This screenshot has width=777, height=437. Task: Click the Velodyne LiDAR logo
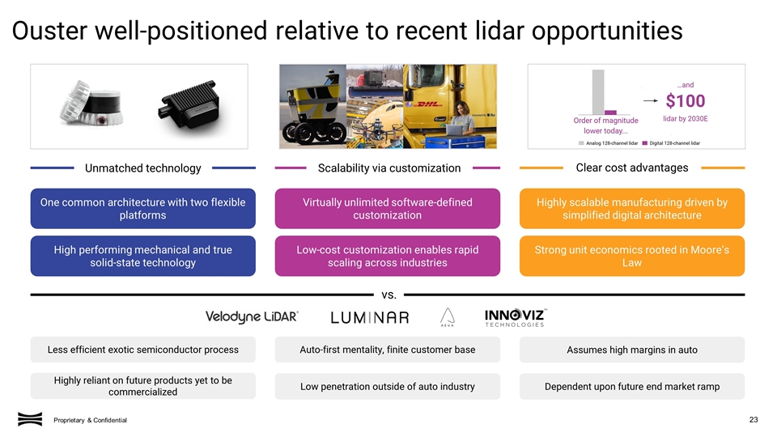coord(252,316)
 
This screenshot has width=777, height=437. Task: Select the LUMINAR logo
coord(369,317)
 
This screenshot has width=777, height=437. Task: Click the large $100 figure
coord(685,101)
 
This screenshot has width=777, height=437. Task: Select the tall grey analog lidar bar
coord(598,91)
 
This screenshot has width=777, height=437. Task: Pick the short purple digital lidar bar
coord(611,112)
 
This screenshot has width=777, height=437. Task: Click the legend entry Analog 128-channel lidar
coord(607,143)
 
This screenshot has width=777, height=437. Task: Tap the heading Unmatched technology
coord(142,168)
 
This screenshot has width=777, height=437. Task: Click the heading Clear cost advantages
coord(631,168)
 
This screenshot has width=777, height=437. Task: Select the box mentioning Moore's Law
coord(631,257)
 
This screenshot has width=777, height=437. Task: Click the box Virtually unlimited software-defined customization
coord(387,209)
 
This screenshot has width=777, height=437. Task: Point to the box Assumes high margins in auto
coord(631,350)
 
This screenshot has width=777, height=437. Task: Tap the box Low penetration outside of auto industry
coord(387,387)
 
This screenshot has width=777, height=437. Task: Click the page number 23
coord(754,418)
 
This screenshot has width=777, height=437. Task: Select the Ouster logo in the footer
coord(30,418)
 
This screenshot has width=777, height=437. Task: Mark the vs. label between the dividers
coord(388,294)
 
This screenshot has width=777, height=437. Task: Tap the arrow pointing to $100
coord(651,101)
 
